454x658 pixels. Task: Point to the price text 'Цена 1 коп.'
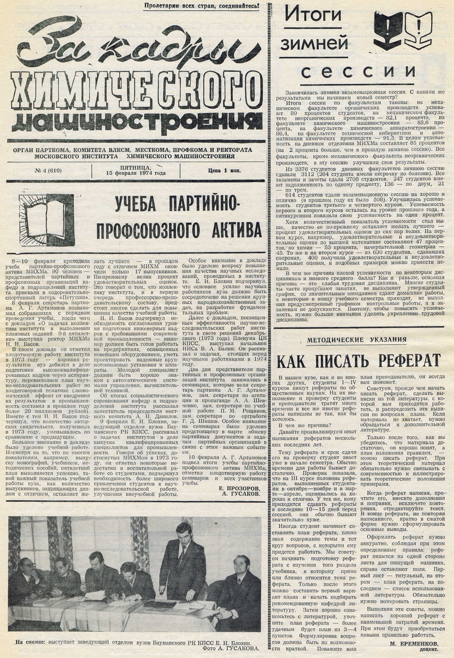tap(224, 171)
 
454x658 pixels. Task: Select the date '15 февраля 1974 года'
tap(136, 173)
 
